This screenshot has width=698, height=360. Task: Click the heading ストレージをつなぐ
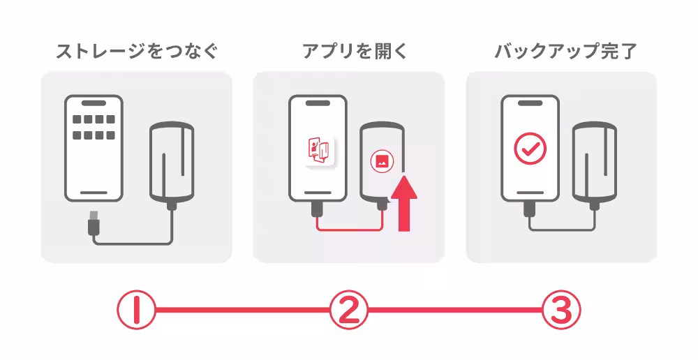click(137, 51)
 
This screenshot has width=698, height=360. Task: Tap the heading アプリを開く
click(355, 51)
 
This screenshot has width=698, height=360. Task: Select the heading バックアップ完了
click(566, 51)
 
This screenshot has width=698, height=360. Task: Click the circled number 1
click(136, 310)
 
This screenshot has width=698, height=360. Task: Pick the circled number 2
click(349, 310)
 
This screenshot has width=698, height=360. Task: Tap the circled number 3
click(561, 310)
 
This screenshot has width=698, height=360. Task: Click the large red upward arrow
click(403, 203)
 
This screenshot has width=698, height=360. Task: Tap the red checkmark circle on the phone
click(530, 148)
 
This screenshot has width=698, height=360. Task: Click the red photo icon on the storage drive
click(382, 161)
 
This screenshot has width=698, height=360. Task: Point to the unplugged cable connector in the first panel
click(94, 223)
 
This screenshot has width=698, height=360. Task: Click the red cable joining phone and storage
click(350, 230)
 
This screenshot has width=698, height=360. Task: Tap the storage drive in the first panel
click(172, 163)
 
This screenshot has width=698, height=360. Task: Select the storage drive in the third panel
click(594, 163)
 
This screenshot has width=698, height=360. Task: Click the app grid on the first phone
click(94, 127)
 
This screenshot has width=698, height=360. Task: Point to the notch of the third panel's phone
click(530, 103)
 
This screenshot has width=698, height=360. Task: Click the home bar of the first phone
click(94, 193)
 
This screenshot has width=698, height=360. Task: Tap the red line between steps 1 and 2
click(243, 310)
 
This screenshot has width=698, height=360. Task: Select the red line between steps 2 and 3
click(455, 310)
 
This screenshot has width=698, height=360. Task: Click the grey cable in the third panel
click(562, 230)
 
